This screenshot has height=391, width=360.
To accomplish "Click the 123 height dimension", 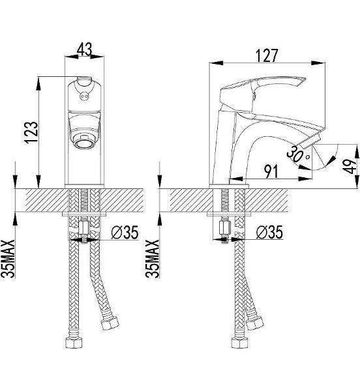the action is pyautogui.click(x=31, y=132).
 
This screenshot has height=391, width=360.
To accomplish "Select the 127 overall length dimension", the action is pyautogui.click(x=267, y=55).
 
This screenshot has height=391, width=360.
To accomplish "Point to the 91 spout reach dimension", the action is pyautogui.click(x=271, y=171).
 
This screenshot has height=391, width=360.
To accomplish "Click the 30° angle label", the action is pyautogui.click(x=297, y=154).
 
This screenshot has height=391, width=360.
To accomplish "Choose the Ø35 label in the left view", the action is pyautogui.click(x=125, y=233).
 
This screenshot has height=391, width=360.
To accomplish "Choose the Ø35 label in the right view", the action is pyautogui.click(x=270, y=233).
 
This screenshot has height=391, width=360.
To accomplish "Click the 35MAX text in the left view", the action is pyautogui.click(x=8, y=259).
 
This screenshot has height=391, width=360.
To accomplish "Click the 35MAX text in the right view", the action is pyautogui.click(x=152, y=259).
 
